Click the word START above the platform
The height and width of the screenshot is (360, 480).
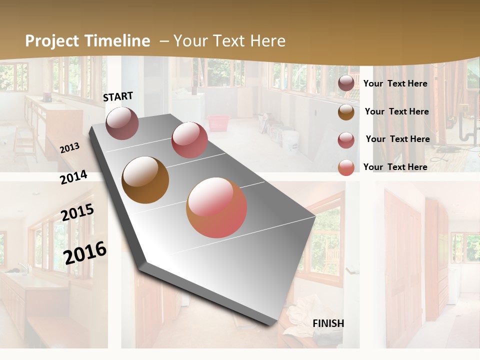pyautogui.click(x=118, y=96)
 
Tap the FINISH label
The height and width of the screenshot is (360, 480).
pyautogui.click(x=328, y=323)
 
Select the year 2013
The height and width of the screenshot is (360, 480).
pyautogui.click(x=69, y=147)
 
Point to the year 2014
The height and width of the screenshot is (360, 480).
pyautogui.click(x=73, y=177)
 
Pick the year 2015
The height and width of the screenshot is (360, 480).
pyautogui.click(x=77, y=212)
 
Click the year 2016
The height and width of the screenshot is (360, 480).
pyautogui.click(x=85, y=252)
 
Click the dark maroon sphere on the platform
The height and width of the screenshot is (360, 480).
pyautogui.click(x=122, y=123)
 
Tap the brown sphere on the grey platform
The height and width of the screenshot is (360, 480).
pyautogui.click(x=145, y=180)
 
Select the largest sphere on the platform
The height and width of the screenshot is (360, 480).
pyautogui.click(x=216, y=207)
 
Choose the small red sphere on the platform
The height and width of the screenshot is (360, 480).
pyautogui.click(x=189, y=140)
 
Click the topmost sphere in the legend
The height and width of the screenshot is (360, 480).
pyautogui.click(x=346, y=83)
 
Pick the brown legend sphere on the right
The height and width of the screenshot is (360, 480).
pyautogui.click(x=346, y=112)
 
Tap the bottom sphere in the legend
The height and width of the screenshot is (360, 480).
pyautogui.click(x=346, y=167)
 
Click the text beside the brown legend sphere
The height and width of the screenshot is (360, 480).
pyautogui.click(x=396, y=111)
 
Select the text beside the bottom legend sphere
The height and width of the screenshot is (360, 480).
pyautogui.click(x=395, y=167)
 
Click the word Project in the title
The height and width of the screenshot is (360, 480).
pyautogui.click(x=52, y=41)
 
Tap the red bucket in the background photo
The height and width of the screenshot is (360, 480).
pyautogui.click(x=218, y=123)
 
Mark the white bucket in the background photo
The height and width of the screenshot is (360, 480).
pyautogui.click(x=290, y=140)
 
